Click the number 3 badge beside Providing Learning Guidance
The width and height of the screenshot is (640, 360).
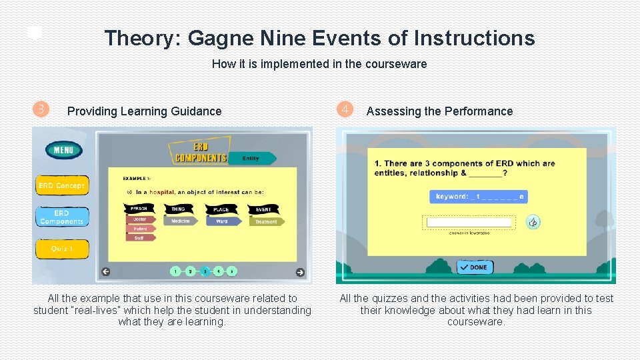click(41, 109)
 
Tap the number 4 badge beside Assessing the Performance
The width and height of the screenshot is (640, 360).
click(344, 109)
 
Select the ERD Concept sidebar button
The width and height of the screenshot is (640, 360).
click(62, 185)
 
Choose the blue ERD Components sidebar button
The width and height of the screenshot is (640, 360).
click(61, 217)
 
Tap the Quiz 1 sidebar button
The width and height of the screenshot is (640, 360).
click(61, 249)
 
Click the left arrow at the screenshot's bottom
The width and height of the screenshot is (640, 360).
click(105, 271)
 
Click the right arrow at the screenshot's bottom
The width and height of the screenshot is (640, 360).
click(300, 271)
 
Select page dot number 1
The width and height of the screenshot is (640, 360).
click(175, 271)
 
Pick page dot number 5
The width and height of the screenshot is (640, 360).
click(231, 271)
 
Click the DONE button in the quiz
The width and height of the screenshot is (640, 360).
click(475, 267)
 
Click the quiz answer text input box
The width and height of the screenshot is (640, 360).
click(469, 223)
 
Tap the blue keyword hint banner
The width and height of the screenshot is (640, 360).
click(479, 196)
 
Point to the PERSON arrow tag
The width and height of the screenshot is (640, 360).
click(141, 209)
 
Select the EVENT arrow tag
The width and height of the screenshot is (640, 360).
click(265, 209)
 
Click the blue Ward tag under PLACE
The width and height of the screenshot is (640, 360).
click(223, 221)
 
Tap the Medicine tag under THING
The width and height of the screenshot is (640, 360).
click(181, 221)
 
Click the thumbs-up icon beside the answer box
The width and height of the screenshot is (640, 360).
click(533, 222)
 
